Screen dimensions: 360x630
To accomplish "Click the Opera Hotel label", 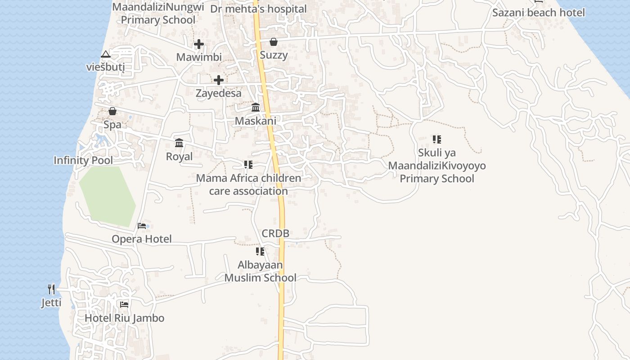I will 141,239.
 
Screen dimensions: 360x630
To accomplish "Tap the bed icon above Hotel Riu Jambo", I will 124,305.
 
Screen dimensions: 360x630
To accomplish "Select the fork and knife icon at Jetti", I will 51,289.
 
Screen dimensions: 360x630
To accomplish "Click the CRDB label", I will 275,234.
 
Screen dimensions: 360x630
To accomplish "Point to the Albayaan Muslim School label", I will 260,271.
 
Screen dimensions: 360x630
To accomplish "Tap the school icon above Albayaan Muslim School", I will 260,252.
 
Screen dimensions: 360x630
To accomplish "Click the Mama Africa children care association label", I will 248,184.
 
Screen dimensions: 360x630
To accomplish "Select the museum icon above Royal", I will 179,143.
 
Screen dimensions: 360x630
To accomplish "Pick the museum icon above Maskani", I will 256,108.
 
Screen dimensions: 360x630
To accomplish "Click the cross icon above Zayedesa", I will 219,80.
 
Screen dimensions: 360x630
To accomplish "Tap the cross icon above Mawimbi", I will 198,44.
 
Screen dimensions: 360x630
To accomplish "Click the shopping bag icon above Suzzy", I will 273,42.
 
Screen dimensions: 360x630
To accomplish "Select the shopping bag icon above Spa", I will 112,111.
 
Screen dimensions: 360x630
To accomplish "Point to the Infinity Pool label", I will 83,160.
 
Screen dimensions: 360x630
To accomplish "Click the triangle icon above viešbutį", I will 105,54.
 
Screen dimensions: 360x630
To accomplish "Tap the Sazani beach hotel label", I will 538,13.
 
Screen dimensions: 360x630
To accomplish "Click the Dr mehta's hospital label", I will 258,9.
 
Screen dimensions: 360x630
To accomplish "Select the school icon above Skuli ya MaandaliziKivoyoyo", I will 436,139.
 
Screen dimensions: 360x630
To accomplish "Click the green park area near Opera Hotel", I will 107,196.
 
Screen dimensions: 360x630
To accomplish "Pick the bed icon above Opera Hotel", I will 142,225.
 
